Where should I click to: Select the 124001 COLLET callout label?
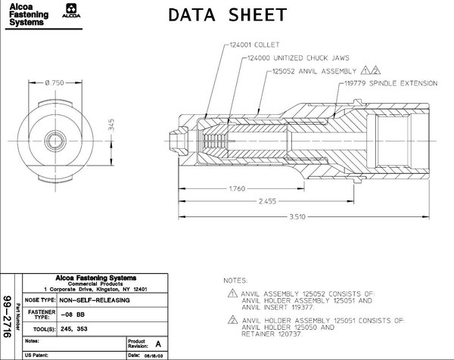tap(250, 45)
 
